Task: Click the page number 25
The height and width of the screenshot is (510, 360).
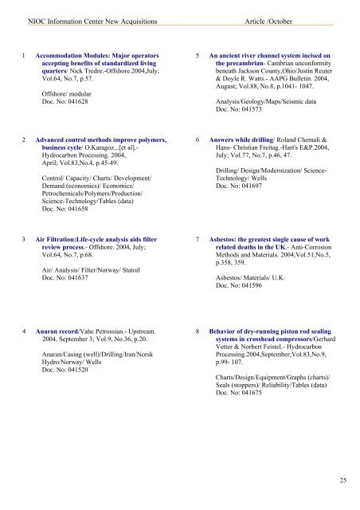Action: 340,479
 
